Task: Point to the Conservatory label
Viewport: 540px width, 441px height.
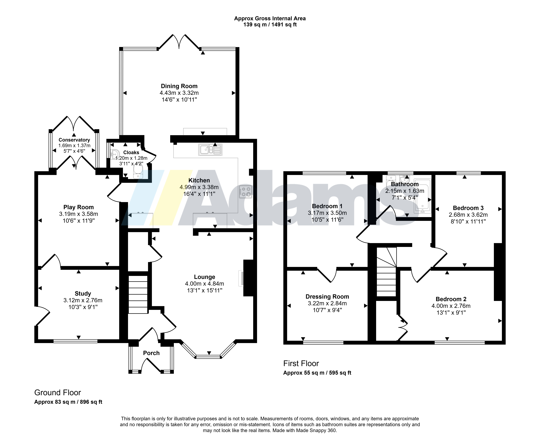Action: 74,140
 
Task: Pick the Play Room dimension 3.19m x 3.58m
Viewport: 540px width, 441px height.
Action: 79,214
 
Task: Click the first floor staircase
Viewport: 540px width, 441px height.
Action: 386,272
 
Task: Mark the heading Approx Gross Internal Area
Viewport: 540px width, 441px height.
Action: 270,18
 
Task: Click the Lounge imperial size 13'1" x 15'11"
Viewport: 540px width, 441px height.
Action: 205,290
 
